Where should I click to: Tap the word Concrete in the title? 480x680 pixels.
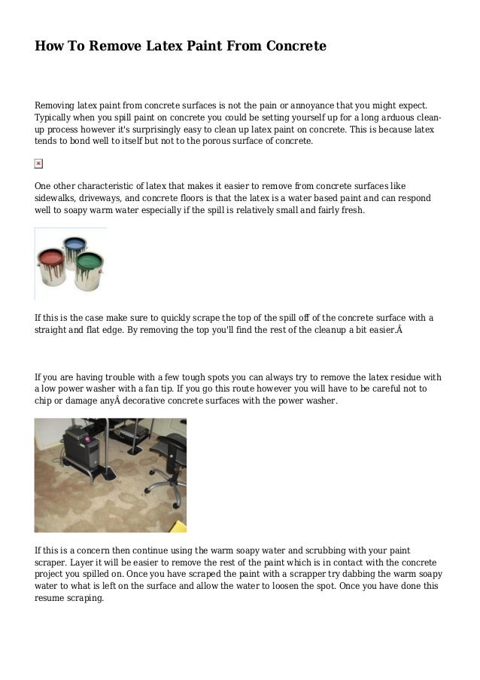coord(294,47)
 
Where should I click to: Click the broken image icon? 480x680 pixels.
coord(39,163)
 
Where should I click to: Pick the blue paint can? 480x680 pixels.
coord(74,252)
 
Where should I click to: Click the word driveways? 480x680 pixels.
coord(107,198)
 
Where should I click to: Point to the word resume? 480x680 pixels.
coord(52,596)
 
